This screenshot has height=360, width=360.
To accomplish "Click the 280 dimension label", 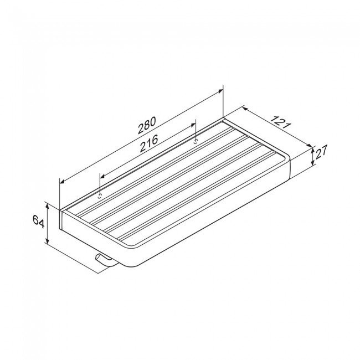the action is tap(147, 125).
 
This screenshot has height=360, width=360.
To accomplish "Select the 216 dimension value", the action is tap(149, 143).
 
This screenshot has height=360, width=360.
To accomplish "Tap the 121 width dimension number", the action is tap(281, 122).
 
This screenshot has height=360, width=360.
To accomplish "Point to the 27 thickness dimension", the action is tap(321, 152).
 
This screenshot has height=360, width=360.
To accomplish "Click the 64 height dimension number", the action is tap(38, 222).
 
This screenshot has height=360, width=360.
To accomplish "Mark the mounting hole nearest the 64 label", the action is tap(100, 196).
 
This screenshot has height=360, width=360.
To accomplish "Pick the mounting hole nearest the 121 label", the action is tap(196, 141).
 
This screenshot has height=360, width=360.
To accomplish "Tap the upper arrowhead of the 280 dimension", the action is tap(220, 91).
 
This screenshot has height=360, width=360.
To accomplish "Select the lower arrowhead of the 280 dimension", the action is tap(62, 181).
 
